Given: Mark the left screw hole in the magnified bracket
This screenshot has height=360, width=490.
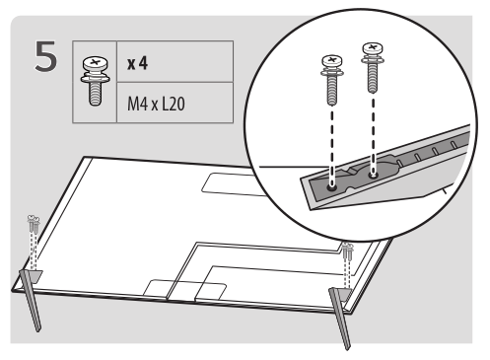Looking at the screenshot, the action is pos(332,180).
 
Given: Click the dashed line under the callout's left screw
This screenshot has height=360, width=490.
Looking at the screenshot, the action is pos(330,138).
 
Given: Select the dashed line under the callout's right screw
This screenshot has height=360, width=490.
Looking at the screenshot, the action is pos(373,128).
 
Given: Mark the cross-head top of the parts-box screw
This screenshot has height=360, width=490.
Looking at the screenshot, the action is pos(92,63).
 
